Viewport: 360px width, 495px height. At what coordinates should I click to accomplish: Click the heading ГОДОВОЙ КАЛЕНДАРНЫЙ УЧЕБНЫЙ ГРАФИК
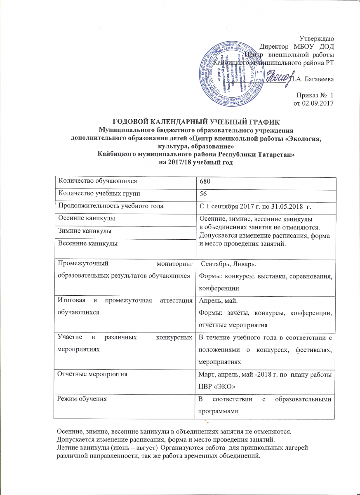(x=196, y=121)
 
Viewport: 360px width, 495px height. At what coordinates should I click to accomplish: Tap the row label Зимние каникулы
(x=85, y=231)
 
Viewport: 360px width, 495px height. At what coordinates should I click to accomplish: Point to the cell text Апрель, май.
(x=216, y=302)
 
